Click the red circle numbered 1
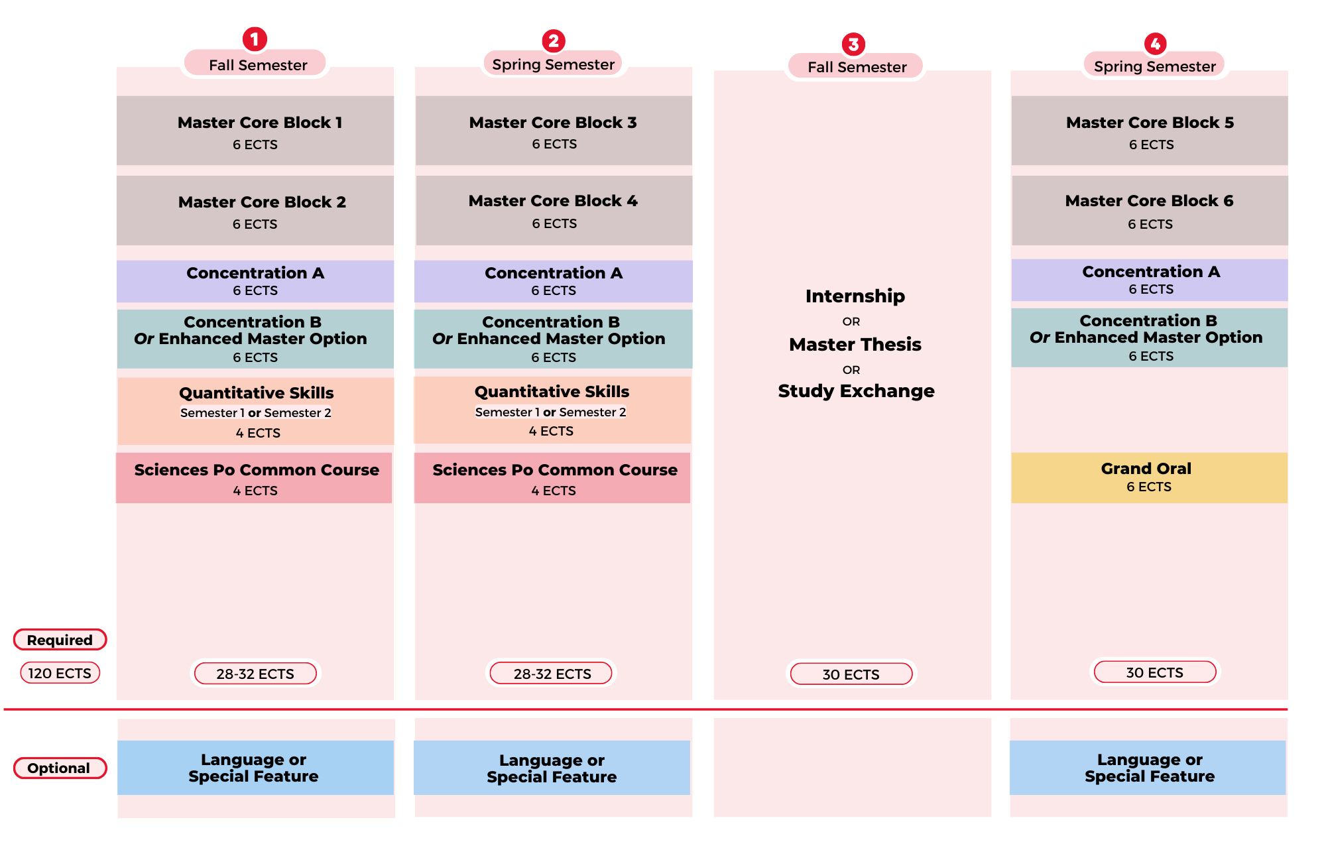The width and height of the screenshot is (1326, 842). [x=255, y=39]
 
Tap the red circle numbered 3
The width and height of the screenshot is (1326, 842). [x=853, y=44]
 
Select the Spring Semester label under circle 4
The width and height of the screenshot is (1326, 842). [x=1154, y=66]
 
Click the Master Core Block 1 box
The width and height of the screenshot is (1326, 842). [x=255, y=131]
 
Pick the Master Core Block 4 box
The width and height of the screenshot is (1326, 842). [x=554, y=211]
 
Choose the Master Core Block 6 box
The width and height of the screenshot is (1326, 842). [x=1150, y=211]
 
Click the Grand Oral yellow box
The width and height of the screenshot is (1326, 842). [x=1149, y=477]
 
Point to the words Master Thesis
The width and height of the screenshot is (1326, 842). [x=855, y=344]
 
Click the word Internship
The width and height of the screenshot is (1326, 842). [x=855, y=296]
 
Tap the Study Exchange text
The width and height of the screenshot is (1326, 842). [x=856, y=391]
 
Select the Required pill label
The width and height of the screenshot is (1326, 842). [x=60, y=640]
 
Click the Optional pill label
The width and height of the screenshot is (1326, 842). [x=60, y=768]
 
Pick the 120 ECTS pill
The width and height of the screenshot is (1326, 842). [x=60, y=673]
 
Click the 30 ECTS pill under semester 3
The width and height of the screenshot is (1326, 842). [x=851, y=674]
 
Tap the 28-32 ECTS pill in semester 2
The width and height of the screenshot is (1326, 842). [x=552, y=674]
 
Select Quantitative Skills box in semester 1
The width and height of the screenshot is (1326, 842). [x=256, y=411]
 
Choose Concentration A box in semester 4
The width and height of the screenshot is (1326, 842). [x=1150, y=280]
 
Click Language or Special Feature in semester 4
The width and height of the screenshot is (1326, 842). [x=1148, y=768]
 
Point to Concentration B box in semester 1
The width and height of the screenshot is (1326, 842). [x=255, y=339]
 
